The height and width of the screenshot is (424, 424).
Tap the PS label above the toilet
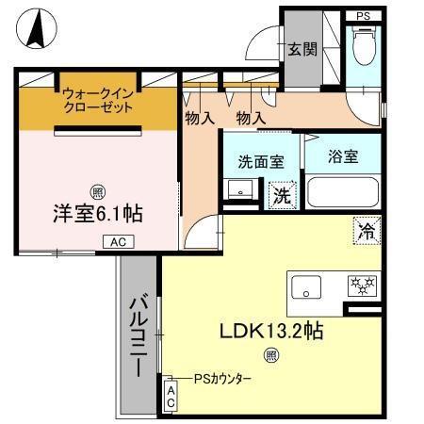(x=363, y=15)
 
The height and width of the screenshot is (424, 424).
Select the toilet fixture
(x=363, y=44)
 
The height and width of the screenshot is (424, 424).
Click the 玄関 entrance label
(x=302, y=49)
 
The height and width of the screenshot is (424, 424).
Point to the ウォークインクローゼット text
(x=97, y=101)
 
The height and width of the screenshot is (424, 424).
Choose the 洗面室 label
(x=261, y=161)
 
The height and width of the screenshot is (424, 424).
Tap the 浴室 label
(x=343, y=156)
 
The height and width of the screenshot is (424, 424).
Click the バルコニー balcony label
(x=139, y=334)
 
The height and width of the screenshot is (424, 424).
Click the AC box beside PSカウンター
(x=171, y=396)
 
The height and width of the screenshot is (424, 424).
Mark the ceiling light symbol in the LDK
(x=270, y=355)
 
